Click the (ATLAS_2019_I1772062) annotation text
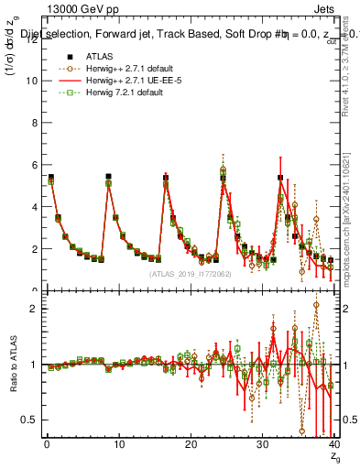click(191, 274)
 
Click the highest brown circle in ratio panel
click(316, 306)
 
